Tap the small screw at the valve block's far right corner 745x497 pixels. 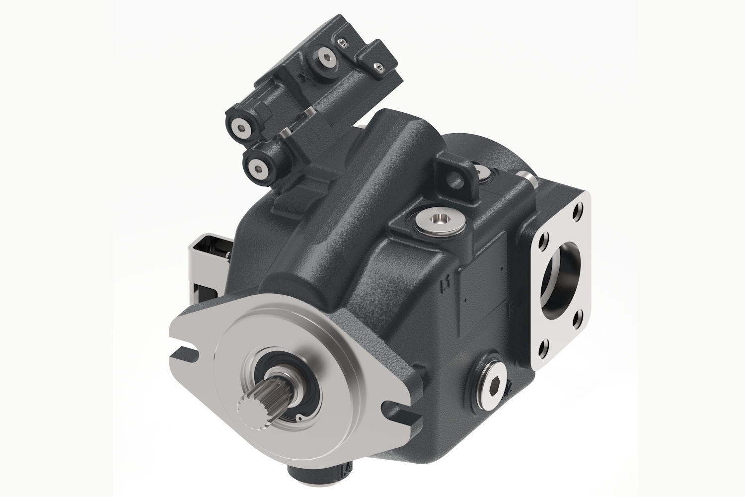380,66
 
